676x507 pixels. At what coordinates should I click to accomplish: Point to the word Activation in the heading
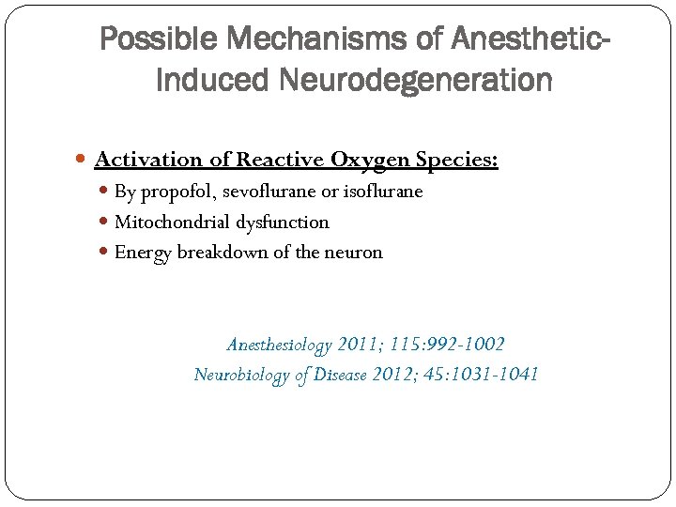[x=148, y=161]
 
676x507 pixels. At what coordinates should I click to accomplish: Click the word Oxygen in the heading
[x=372, y=161]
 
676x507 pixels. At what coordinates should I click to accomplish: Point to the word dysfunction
[x=284, y=223]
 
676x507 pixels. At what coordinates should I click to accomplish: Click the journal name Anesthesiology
[x=279, y=346]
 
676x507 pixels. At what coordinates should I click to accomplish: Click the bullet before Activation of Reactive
[x=84, y=161]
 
